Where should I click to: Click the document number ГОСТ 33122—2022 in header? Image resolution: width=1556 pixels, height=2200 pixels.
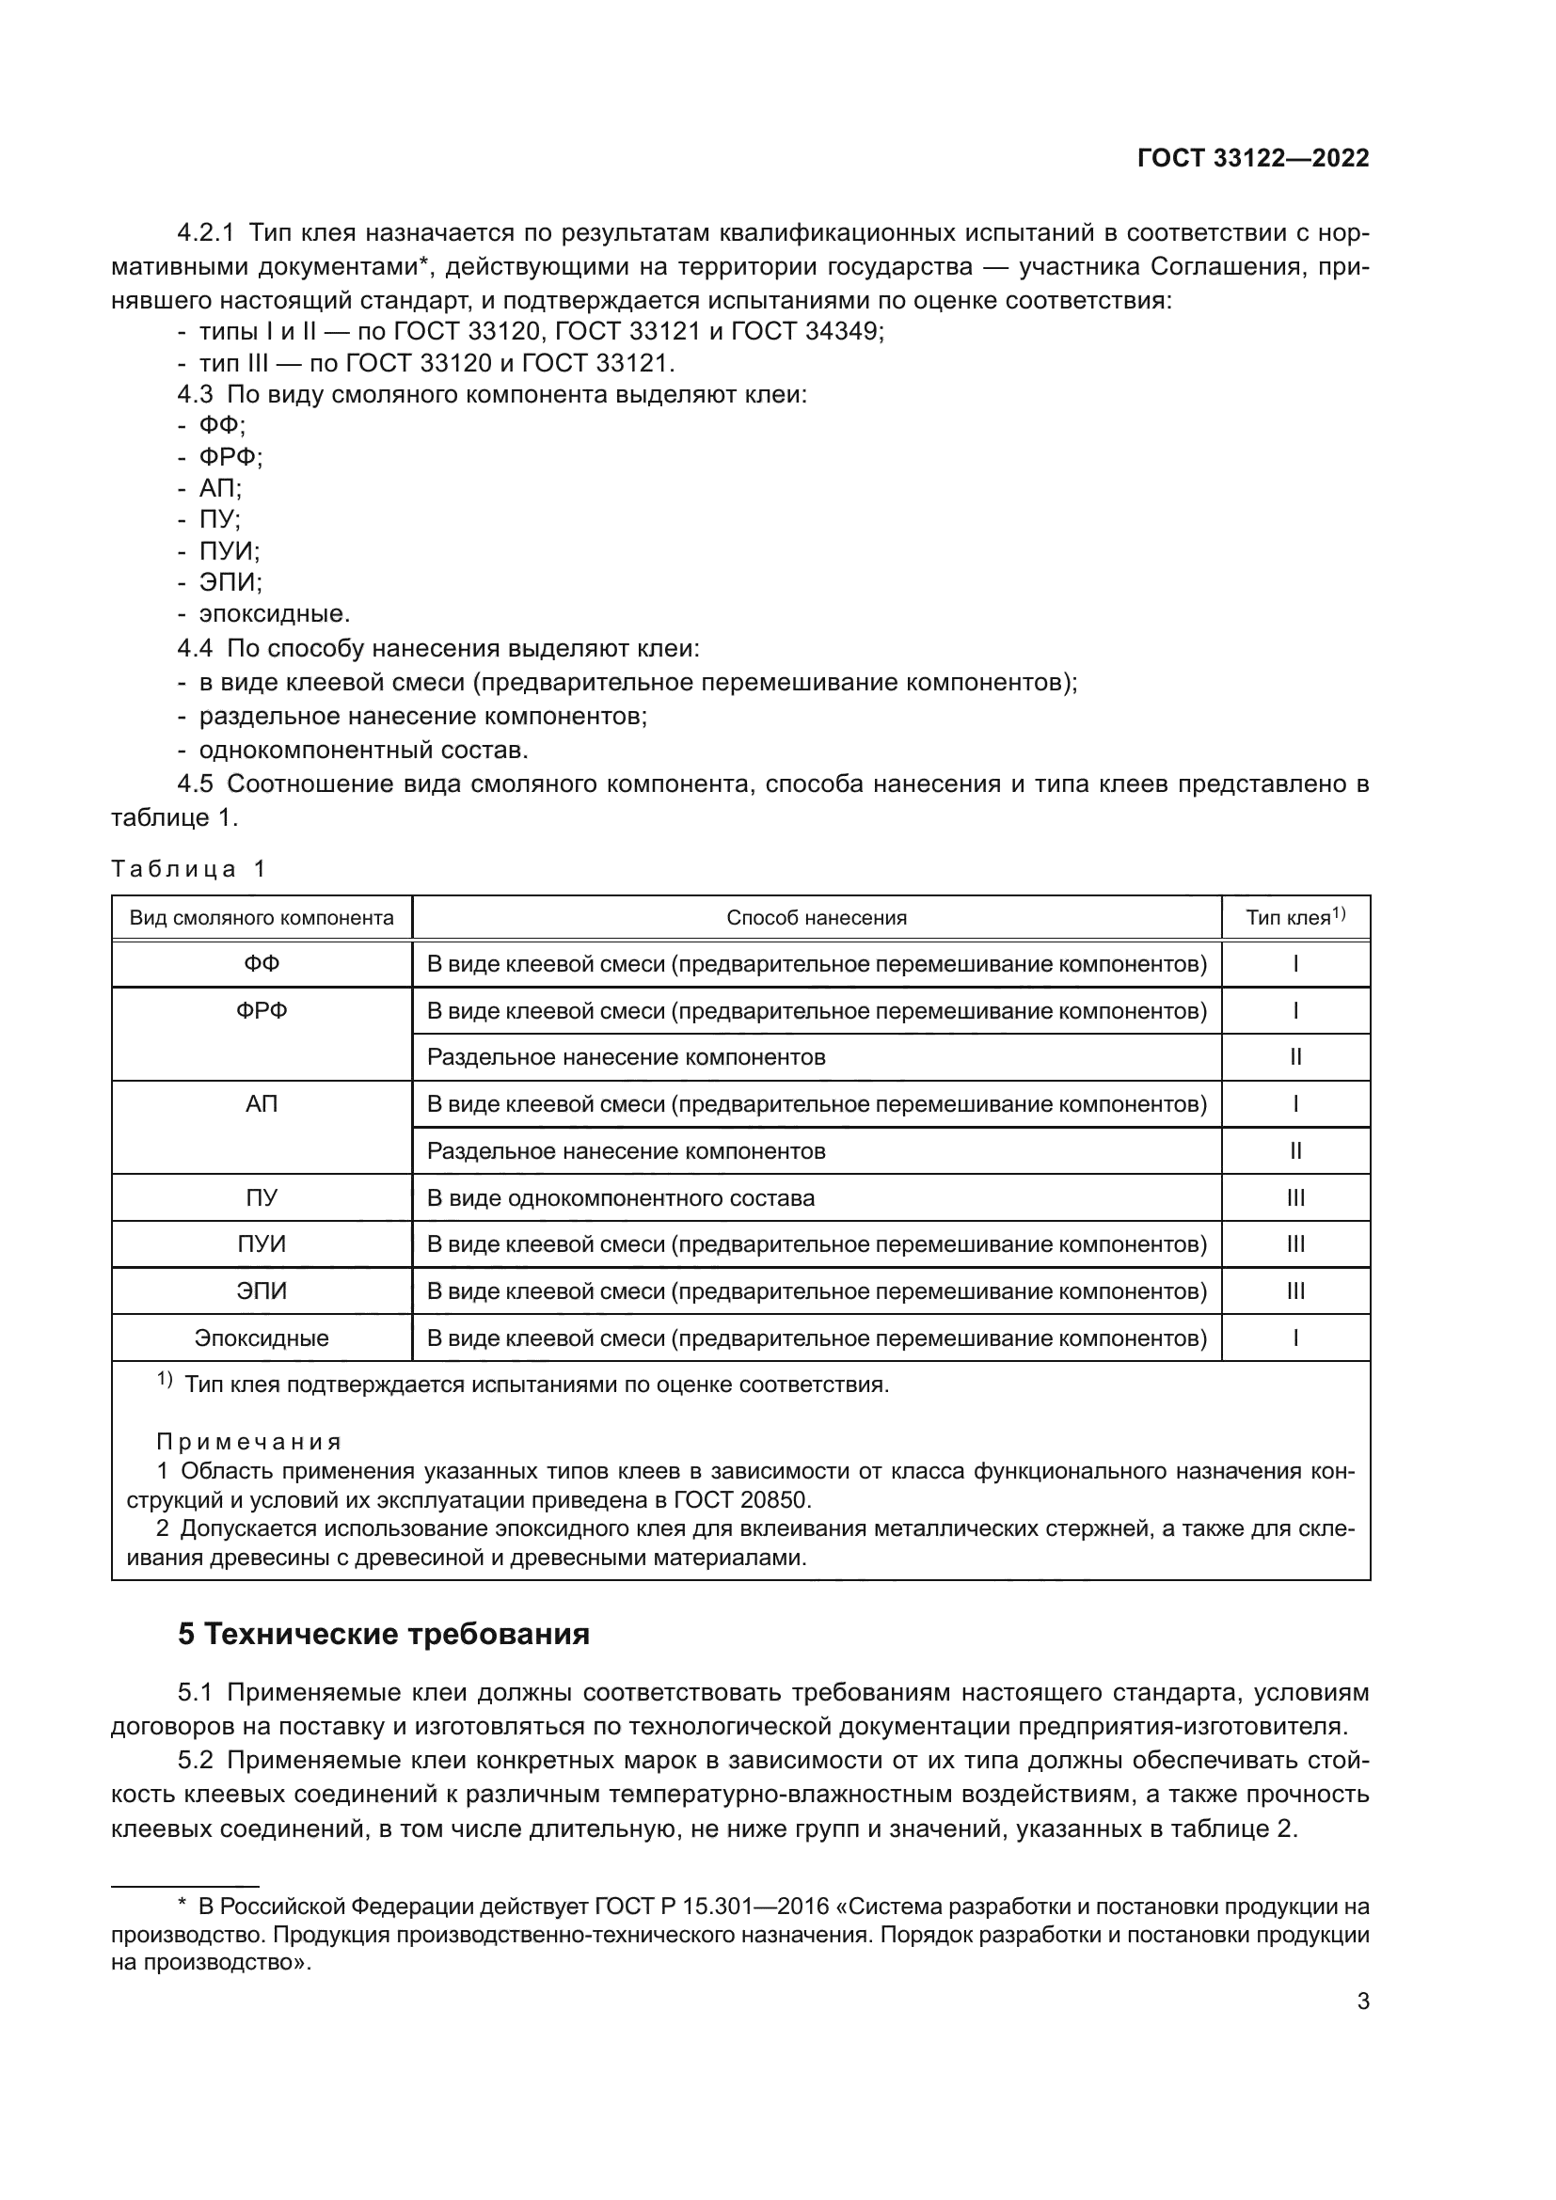[1252, 159]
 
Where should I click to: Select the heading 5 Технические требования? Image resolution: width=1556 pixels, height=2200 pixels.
[383, 1634]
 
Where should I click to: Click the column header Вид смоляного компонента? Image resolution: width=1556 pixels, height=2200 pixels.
[262, 918]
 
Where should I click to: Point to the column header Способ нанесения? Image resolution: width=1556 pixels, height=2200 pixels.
[817, 918]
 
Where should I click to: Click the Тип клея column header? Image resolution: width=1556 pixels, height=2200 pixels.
[1294, 918]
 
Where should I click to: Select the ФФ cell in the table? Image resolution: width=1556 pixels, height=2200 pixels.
[262, 964]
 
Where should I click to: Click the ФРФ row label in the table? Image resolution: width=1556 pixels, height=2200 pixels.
[262, 1011]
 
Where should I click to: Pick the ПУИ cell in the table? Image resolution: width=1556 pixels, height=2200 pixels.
[262, 1244]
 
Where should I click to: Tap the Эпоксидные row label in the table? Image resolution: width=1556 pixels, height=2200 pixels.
[262, 1338]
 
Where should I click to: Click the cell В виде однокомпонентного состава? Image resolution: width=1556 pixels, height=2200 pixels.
[621, 1197]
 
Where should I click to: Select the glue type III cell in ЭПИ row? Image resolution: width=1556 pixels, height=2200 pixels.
[1295, 1291]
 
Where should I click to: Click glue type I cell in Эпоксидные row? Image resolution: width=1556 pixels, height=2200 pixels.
[1295, 1338]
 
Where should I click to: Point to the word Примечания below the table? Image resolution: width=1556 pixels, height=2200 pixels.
[248, 1441]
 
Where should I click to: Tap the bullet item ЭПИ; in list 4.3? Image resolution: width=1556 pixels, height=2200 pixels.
[230, 582]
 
